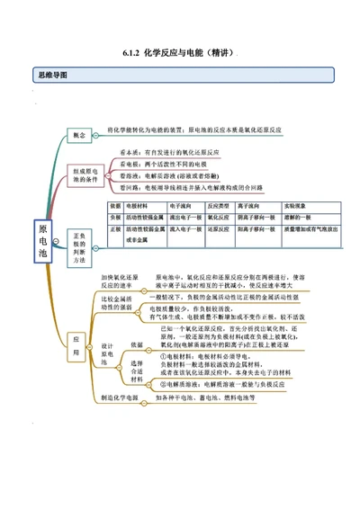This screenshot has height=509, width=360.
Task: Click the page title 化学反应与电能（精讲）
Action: (x=179, y=53)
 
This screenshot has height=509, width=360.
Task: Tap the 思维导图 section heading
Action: (x=50, y=75)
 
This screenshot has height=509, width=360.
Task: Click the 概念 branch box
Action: (x=79, y=135)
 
